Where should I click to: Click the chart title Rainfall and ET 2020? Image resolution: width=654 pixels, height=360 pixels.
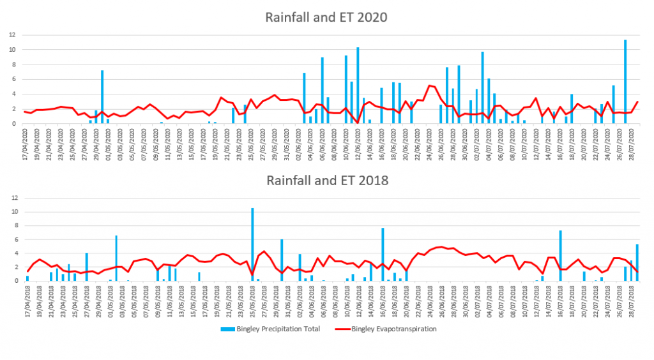coord(326,17)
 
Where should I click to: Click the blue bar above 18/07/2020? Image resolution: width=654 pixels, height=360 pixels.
coord(572,109)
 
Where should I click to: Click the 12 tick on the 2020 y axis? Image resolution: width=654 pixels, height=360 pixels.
coord(12,34)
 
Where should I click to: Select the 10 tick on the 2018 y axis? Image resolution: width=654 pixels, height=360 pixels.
coord(12,211)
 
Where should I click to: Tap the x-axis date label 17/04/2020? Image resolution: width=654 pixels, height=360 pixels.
coord(26,142)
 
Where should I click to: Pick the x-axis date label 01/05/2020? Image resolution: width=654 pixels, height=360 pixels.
coord(109,142)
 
